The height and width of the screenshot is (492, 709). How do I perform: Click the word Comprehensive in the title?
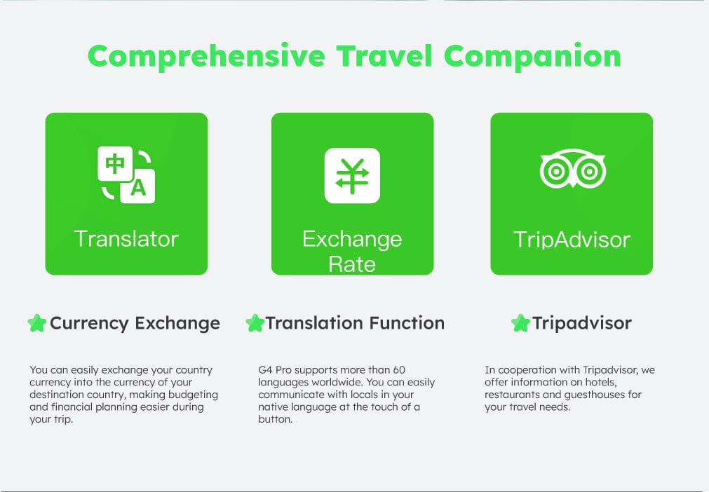coord(207,57)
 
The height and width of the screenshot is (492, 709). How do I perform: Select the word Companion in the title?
coord(532,57)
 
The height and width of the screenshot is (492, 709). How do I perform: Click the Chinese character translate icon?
coord(126,175)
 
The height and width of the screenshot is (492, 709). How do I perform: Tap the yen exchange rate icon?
coord(352,175)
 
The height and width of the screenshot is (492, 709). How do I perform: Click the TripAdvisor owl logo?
coord(572,168)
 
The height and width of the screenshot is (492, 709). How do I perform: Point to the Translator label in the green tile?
coord(126,238)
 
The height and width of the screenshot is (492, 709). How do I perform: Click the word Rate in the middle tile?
coord(352,264)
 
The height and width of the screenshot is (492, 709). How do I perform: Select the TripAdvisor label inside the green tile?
coord(572,240)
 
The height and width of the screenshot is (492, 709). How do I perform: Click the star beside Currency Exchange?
coord(37,323)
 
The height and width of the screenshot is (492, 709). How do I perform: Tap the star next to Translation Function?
coord(255,323)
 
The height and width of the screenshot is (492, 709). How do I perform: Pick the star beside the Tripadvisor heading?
coord(520,323)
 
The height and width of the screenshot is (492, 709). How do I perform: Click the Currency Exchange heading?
coord(135,324)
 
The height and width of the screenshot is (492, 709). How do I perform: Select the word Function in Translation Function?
coord(407,323)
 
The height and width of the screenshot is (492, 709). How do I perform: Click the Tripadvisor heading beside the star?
coord(582,324)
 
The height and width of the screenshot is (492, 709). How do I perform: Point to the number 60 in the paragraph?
coord(399,369)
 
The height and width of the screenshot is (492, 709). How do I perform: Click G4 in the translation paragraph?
coord(265,369)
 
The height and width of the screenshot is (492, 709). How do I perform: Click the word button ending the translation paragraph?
coord(276,419)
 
